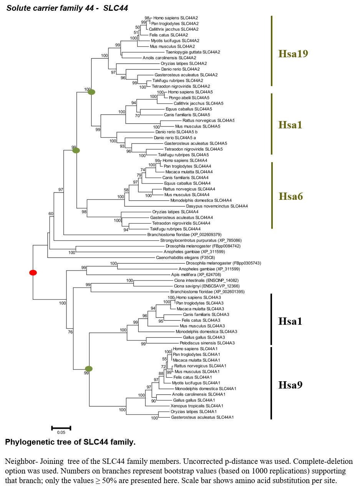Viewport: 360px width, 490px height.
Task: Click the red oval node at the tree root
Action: point(33,272)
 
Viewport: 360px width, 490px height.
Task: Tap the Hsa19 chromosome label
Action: point(293,53)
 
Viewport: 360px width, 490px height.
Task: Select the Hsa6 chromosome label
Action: point(291,196)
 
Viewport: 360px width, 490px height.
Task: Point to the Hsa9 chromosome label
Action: point(290,385)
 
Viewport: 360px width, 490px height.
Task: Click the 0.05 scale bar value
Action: point(61,432)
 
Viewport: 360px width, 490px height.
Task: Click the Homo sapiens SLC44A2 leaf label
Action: point(176,18)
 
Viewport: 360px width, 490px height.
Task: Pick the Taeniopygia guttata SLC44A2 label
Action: point(193,52)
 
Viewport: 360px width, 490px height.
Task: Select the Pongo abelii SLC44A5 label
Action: point(189,98)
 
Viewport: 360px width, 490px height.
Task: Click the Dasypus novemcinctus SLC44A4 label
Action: point(217,206)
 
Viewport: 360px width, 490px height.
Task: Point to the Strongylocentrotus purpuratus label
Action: point(201,241)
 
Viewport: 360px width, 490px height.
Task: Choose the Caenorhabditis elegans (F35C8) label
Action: point(186,257)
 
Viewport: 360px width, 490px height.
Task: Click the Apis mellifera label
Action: point(196,274)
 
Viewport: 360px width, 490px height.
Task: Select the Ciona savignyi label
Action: point(207,286)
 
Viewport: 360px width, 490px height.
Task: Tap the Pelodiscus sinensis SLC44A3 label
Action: point(207,343)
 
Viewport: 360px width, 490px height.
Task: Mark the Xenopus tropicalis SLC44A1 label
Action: point(197,406)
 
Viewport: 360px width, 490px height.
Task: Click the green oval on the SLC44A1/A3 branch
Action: point(89,369)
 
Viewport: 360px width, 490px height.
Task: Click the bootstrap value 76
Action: point(70,332)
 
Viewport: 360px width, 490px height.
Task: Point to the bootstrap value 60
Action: point(51,214)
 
